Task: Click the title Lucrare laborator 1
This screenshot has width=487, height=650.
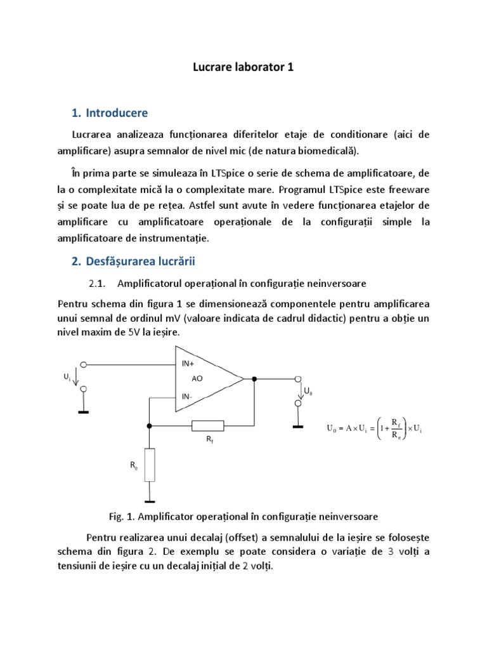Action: (x=243, y=67)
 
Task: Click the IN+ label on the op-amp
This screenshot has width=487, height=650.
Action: (x=188, y=364)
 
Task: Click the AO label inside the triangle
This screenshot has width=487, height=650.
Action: (x=197, y=380)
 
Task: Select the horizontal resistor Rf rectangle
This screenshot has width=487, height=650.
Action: (x=207, y=425)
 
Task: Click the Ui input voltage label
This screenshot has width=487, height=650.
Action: (x=67, y=377)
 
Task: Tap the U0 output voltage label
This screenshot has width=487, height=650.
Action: (x=308, y=392)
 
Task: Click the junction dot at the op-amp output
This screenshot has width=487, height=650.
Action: (x=254, y=380)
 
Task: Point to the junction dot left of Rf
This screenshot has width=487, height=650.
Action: (x=150, y=425)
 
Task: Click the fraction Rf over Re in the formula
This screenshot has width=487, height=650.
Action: (x=394, y=428)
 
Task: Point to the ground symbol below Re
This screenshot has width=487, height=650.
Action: (x=150, y=500)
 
